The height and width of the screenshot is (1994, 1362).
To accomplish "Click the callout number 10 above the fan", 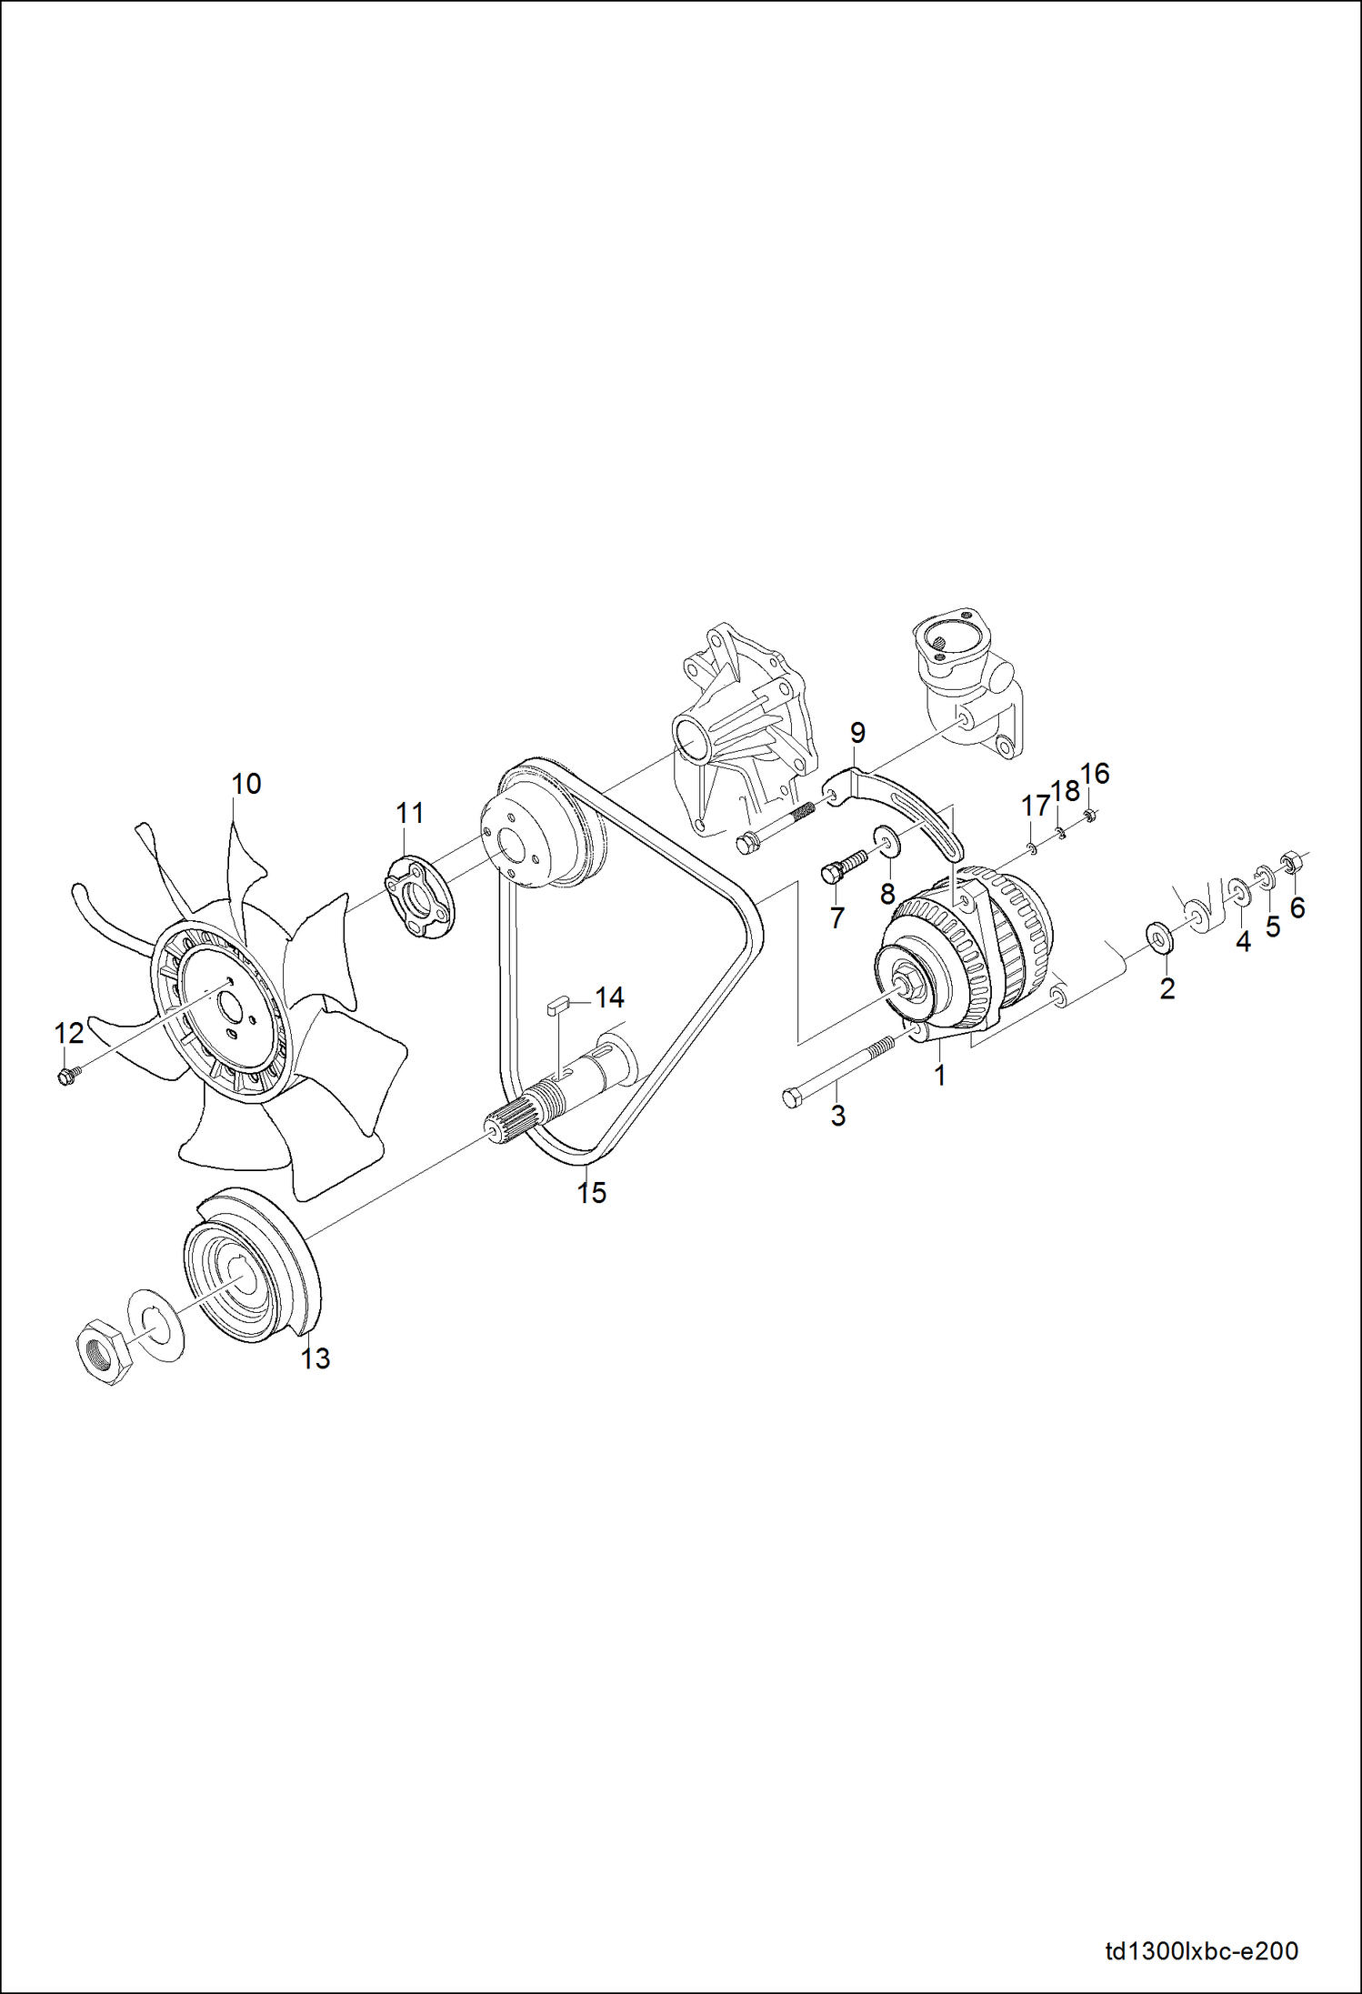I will pos(245,784).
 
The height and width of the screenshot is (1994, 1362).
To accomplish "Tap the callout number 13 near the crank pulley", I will pos(315,1358).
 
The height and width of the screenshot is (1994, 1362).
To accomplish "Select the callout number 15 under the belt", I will pos(592,1193).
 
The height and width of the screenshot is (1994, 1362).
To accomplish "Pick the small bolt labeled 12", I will pos(65,1077).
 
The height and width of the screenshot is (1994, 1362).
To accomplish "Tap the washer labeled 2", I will pos(1158,937).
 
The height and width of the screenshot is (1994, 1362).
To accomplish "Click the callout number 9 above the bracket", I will pos(857,733).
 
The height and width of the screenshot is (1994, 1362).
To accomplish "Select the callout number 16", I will pos(1095,774).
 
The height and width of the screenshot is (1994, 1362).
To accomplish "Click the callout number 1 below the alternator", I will pos(940,1076).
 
